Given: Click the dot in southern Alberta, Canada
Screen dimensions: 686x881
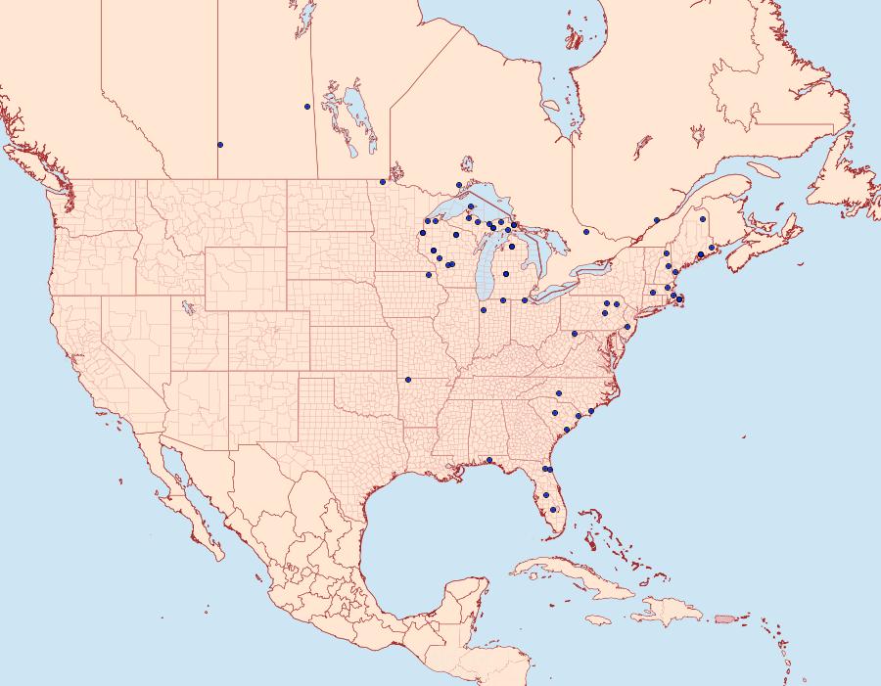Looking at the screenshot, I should pos(220,145).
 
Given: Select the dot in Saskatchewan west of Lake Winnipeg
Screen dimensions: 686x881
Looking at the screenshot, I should pos(307,107).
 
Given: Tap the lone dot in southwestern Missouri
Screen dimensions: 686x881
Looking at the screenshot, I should pos(408,379).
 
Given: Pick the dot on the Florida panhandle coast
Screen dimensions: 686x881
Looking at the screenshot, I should pos(488,460).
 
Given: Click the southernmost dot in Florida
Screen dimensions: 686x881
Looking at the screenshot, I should pos(553,509).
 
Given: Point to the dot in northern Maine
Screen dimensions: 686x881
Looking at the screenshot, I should pos(703,218).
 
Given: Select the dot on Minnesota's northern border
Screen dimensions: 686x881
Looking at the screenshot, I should pos(383,182).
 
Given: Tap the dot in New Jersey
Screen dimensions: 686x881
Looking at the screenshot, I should pos(626,326).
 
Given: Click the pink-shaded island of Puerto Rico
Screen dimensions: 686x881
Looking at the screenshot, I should pos(725,617).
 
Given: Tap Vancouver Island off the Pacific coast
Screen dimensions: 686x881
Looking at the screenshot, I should pos(39,171).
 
